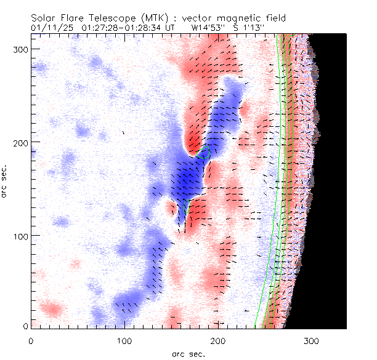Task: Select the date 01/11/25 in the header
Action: click(52, 28)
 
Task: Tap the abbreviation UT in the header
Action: click(172, 28)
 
